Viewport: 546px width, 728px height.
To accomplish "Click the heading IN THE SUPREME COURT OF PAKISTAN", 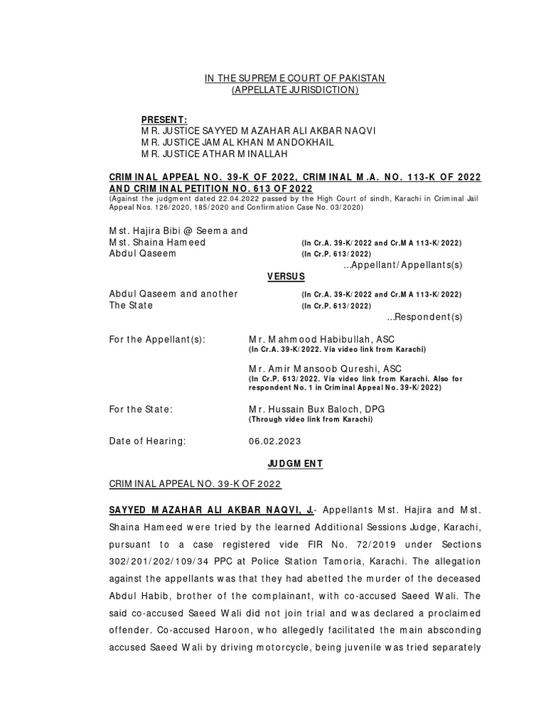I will [x=295, y=77].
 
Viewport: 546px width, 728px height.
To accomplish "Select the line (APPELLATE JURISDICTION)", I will [x=295, y=90].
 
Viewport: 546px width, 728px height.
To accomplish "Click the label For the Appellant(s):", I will [x=156, y=340].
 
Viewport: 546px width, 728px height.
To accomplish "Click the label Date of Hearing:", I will [x=147, y=441].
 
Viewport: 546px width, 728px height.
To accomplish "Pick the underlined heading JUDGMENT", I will [x=295, y=464].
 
